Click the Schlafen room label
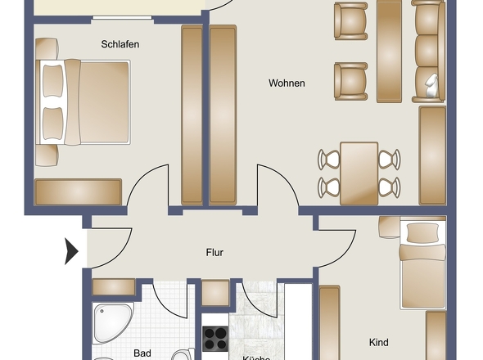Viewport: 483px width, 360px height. (120, 44)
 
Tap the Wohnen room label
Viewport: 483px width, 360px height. (287, 83)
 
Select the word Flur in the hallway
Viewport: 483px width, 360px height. (214, 253)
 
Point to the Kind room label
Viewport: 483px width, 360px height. (378, 342)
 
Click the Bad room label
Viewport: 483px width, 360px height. (142, 353)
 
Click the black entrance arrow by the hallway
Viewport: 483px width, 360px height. (71, 250)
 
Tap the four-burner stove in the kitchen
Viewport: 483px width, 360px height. (215, 338)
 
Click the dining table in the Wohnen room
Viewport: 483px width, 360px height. (359, 173)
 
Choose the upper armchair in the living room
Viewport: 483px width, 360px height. (351, 20)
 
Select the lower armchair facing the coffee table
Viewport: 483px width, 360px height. (350, 80)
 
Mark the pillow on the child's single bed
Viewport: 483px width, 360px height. (422, 232)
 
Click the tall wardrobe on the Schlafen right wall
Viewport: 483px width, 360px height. (191, 115)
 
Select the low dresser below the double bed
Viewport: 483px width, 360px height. (79, 191)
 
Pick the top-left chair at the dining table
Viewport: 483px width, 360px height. (329, 159)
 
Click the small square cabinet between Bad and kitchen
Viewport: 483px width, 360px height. (215, 292)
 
